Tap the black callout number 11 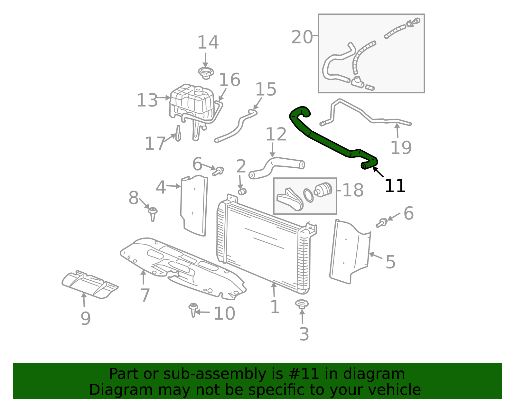coord(395,186)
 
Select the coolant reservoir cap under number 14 coord(206,73)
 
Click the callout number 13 coord(147,100)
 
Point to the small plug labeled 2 coord(242,192)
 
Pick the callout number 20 coord(302,37)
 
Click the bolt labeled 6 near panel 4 coord(218,171)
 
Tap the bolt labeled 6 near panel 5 coord(382,222)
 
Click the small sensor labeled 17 coord(178,134)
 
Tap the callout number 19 coord(401,147)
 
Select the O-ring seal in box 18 coord(308,195)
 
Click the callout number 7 coord(145,295)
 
